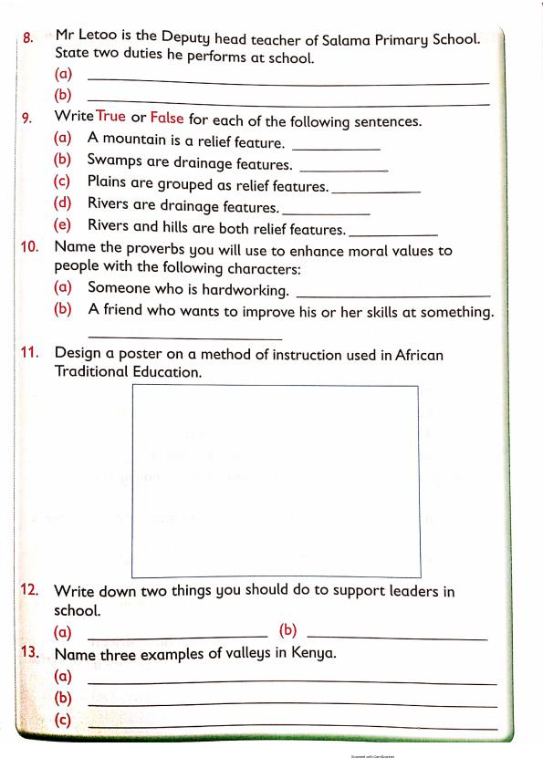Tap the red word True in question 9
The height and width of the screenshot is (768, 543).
(110, 118)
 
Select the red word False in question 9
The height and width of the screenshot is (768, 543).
(168, 118)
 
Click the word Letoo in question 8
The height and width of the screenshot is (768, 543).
(101, 36)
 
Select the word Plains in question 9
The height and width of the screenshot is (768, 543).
(108, 182)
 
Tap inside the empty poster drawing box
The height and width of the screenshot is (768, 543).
(276, 465)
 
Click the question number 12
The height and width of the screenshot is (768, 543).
(31, 591)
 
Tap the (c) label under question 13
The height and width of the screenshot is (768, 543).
(63, 721)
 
